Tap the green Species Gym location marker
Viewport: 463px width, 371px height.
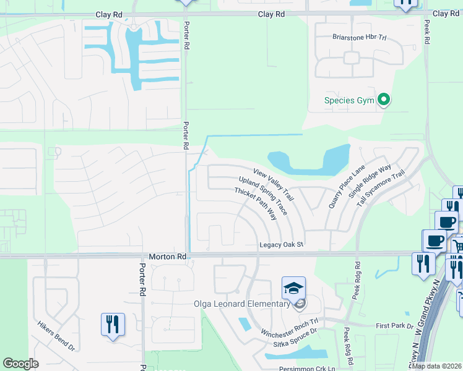pos(384,100)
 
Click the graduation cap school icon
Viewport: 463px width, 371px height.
pos(294,288)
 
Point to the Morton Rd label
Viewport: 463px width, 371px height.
pos(168,256)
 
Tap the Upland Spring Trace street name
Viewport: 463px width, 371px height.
pos(262,195)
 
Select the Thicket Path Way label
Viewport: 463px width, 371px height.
pos(254,204)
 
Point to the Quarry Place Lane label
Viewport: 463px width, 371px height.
pos(344,185)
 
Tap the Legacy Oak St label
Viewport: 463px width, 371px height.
pos(282,245)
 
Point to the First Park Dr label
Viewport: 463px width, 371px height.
pos(394,325)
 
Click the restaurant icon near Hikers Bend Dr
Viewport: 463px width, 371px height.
pos(113,324)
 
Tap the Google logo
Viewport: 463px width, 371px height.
pos(20,364)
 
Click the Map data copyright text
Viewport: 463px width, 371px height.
pos(437,366)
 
